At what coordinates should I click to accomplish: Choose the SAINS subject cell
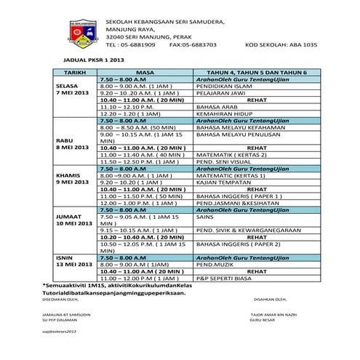click(x=207, y=216)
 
